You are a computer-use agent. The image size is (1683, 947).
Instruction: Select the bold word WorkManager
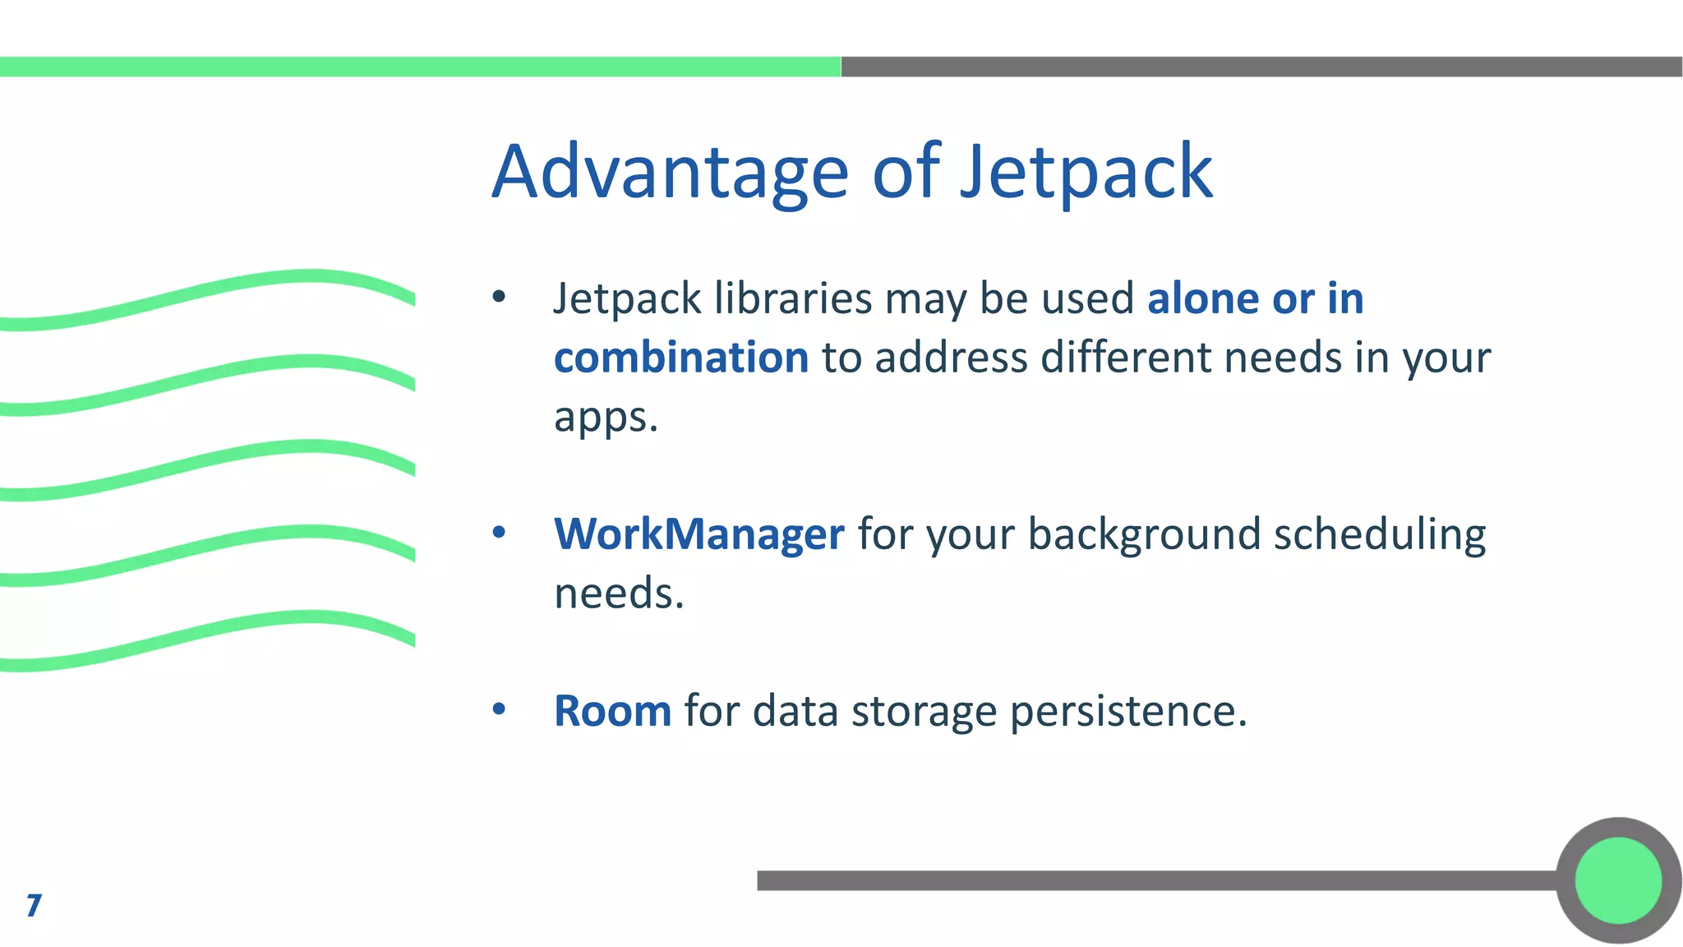coord(699,534)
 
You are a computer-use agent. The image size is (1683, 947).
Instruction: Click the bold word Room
coord(612,710)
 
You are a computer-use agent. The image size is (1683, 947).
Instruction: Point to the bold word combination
coord(681,358)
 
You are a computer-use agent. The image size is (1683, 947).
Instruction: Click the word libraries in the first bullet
coord(793,298)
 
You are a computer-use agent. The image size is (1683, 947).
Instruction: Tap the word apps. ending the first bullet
coord(606,417)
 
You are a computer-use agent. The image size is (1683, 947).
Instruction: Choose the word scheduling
coord(1380,534)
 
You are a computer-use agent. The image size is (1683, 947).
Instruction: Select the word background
coord(1143,534)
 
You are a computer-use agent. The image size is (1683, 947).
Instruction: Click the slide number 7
coord(34,905)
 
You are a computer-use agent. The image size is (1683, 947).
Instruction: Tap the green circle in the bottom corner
coord(1618,880)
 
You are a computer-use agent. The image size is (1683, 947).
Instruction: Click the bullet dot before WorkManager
coord(499,533)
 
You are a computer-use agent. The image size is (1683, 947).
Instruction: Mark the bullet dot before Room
coord(499,709)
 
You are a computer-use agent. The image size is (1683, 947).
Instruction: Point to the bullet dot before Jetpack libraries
coord(499,297)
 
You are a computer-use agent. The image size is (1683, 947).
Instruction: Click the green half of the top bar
coord(419,67)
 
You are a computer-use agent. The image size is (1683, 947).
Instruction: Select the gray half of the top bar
coord(1261,67)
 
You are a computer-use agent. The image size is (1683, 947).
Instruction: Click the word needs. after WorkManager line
coord(619,593)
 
